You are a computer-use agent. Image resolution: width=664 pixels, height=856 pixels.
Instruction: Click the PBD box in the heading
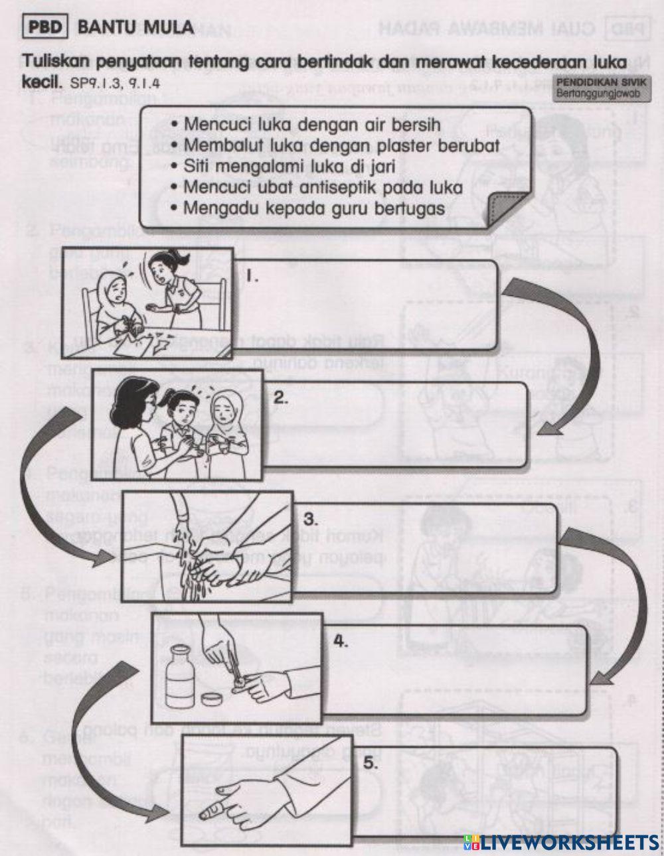pyautogui.click(x=47, y=28)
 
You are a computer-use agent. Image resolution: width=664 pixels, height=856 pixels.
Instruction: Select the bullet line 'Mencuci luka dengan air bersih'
pyautogui.click(x=312, y=124)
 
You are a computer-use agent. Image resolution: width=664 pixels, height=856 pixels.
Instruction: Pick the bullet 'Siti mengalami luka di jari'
pyautogui.click(x=289, y=167)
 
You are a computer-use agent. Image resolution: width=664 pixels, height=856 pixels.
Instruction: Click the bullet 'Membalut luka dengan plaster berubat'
pyautogui.click(x=341, y=145)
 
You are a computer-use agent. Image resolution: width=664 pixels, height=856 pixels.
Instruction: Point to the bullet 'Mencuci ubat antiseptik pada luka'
pyautogui.click(x=323, y=187)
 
